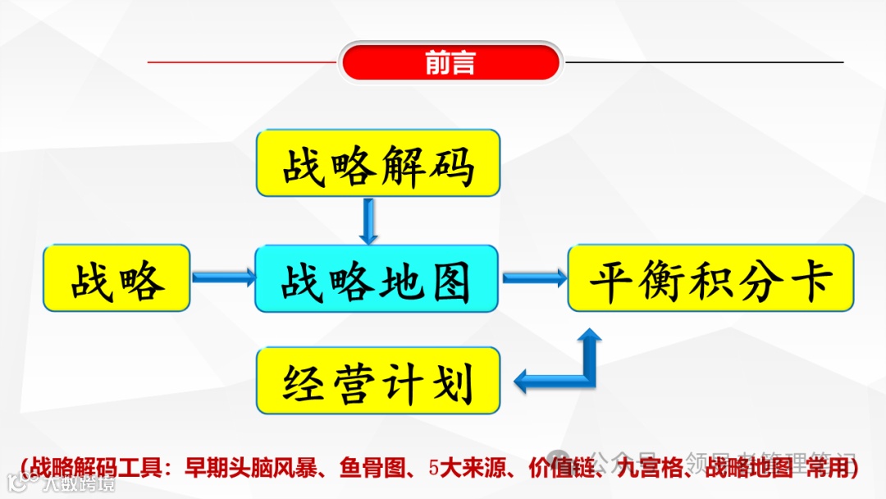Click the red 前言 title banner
450,63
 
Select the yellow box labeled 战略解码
378,163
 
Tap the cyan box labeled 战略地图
377,278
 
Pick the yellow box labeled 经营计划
378,381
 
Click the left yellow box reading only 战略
116,278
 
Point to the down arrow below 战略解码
368,221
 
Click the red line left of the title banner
242,62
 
